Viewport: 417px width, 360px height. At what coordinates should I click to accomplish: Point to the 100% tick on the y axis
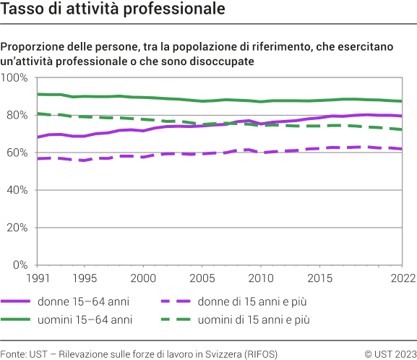click(x=14, y=77)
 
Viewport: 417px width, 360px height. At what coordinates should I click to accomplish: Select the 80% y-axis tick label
click(x=17, y=115)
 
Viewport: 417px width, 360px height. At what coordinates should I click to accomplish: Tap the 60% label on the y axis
click(x=17, y=153)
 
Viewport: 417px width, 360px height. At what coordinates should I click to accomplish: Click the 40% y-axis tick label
click(x=17, y=190)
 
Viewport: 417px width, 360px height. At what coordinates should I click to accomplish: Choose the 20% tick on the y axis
click(x=17, y=228)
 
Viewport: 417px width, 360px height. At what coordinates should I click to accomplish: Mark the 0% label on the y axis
click(x=20, y=265)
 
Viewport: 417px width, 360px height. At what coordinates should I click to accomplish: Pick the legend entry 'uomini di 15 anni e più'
click(x=268, y=319)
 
